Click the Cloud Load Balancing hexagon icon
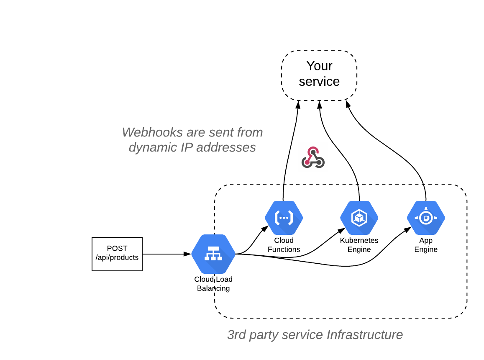pos(213,254)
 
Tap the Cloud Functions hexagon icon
pos(284,218)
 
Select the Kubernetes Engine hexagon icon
pos(359,218)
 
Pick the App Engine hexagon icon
pos(426,218)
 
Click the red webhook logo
pos(313,157)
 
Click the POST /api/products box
pos(117,254)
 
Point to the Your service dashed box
pos(319,75)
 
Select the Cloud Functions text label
pos(284,245)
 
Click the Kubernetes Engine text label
pos(359,245)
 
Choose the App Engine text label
pos(426,245)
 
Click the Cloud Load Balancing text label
pos(213,284)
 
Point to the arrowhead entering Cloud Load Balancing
pos(188,254)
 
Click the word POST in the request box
pos(117,249)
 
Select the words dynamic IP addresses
pos(192,147)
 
